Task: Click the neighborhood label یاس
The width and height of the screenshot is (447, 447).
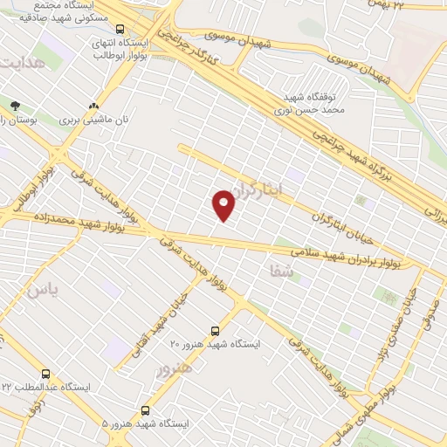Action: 45,290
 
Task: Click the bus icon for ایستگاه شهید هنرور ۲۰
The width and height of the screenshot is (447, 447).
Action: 215,332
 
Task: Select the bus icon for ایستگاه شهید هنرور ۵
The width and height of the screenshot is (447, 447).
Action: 144,409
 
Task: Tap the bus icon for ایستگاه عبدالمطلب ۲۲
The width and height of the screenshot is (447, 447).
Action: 33,374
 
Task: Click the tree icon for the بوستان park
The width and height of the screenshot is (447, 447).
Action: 15,105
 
